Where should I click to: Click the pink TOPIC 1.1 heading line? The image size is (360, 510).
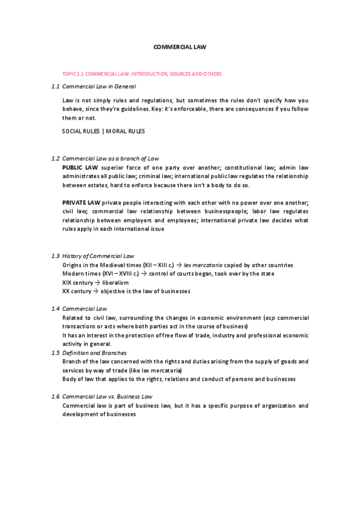[138, 73]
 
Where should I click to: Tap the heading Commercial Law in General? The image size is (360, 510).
[95, 87]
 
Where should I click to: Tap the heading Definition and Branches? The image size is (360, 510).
[94, 352]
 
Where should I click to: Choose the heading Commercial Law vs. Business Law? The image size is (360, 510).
[107, 396]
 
